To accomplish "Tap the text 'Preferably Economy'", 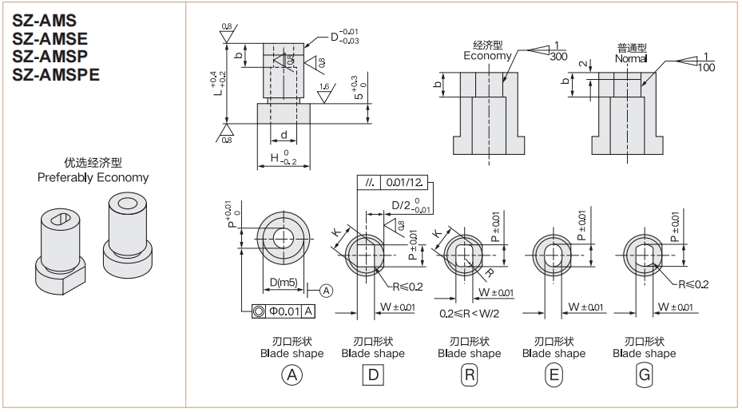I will (93, 177).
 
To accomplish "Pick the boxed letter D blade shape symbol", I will (372, 374).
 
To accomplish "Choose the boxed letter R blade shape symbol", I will (469, 374).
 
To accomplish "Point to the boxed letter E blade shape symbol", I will (553, 374).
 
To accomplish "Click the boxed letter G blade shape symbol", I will (643, 374).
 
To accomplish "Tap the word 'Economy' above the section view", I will (487, 56).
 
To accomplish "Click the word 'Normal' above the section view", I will (631, 59).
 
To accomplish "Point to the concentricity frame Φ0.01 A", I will (284, 311).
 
